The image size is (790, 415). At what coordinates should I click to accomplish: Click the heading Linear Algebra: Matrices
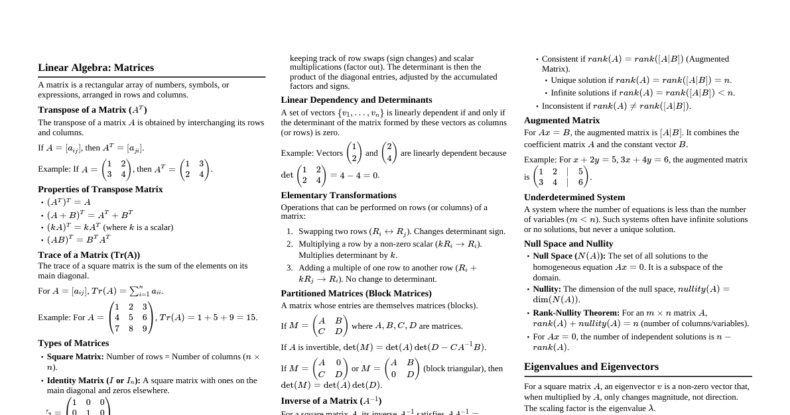[x=96, y=68]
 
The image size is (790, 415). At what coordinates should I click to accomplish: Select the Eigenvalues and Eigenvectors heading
[x=591, y=367]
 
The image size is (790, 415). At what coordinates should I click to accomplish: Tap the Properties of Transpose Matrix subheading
[x=100, y=190]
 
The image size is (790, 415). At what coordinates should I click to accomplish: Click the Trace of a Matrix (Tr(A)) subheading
[x=89, y=255]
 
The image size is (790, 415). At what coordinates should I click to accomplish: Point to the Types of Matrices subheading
[x=74, y=343]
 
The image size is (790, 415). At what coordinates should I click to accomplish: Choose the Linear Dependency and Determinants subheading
[x=356, y=100]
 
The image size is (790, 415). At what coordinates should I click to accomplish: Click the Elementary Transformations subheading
[x=338, y=196]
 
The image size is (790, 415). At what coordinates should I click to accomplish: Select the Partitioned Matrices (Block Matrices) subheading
[x=356, y=294]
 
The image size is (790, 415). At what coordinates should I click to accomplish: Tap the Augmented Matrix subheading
[x=562, y=121]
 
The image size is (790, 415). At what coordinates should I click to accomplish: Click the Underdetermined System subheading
[x=574, y=198]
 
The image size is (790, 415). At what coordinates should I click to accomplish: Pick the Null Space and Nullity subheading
[x=568, y=244]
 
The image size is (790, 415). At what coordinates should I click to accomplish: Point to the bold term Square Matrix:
[x=76, y=357]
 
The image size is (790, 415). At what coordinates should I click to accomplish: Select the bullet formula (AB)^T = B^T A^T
[x=78, y=239]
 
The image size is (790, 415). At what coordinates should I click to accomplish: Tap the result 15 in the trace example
[x=251, y=318]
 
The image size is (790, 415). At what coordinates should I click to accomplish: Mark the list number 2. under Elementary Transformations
[x=290, y=244]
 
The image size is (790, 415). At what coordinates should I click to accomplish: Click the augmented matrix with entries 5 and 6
[x=560, y=177]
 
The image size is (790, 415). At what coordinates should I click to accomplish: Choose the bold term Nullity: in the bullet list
[x=547, y=289]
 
